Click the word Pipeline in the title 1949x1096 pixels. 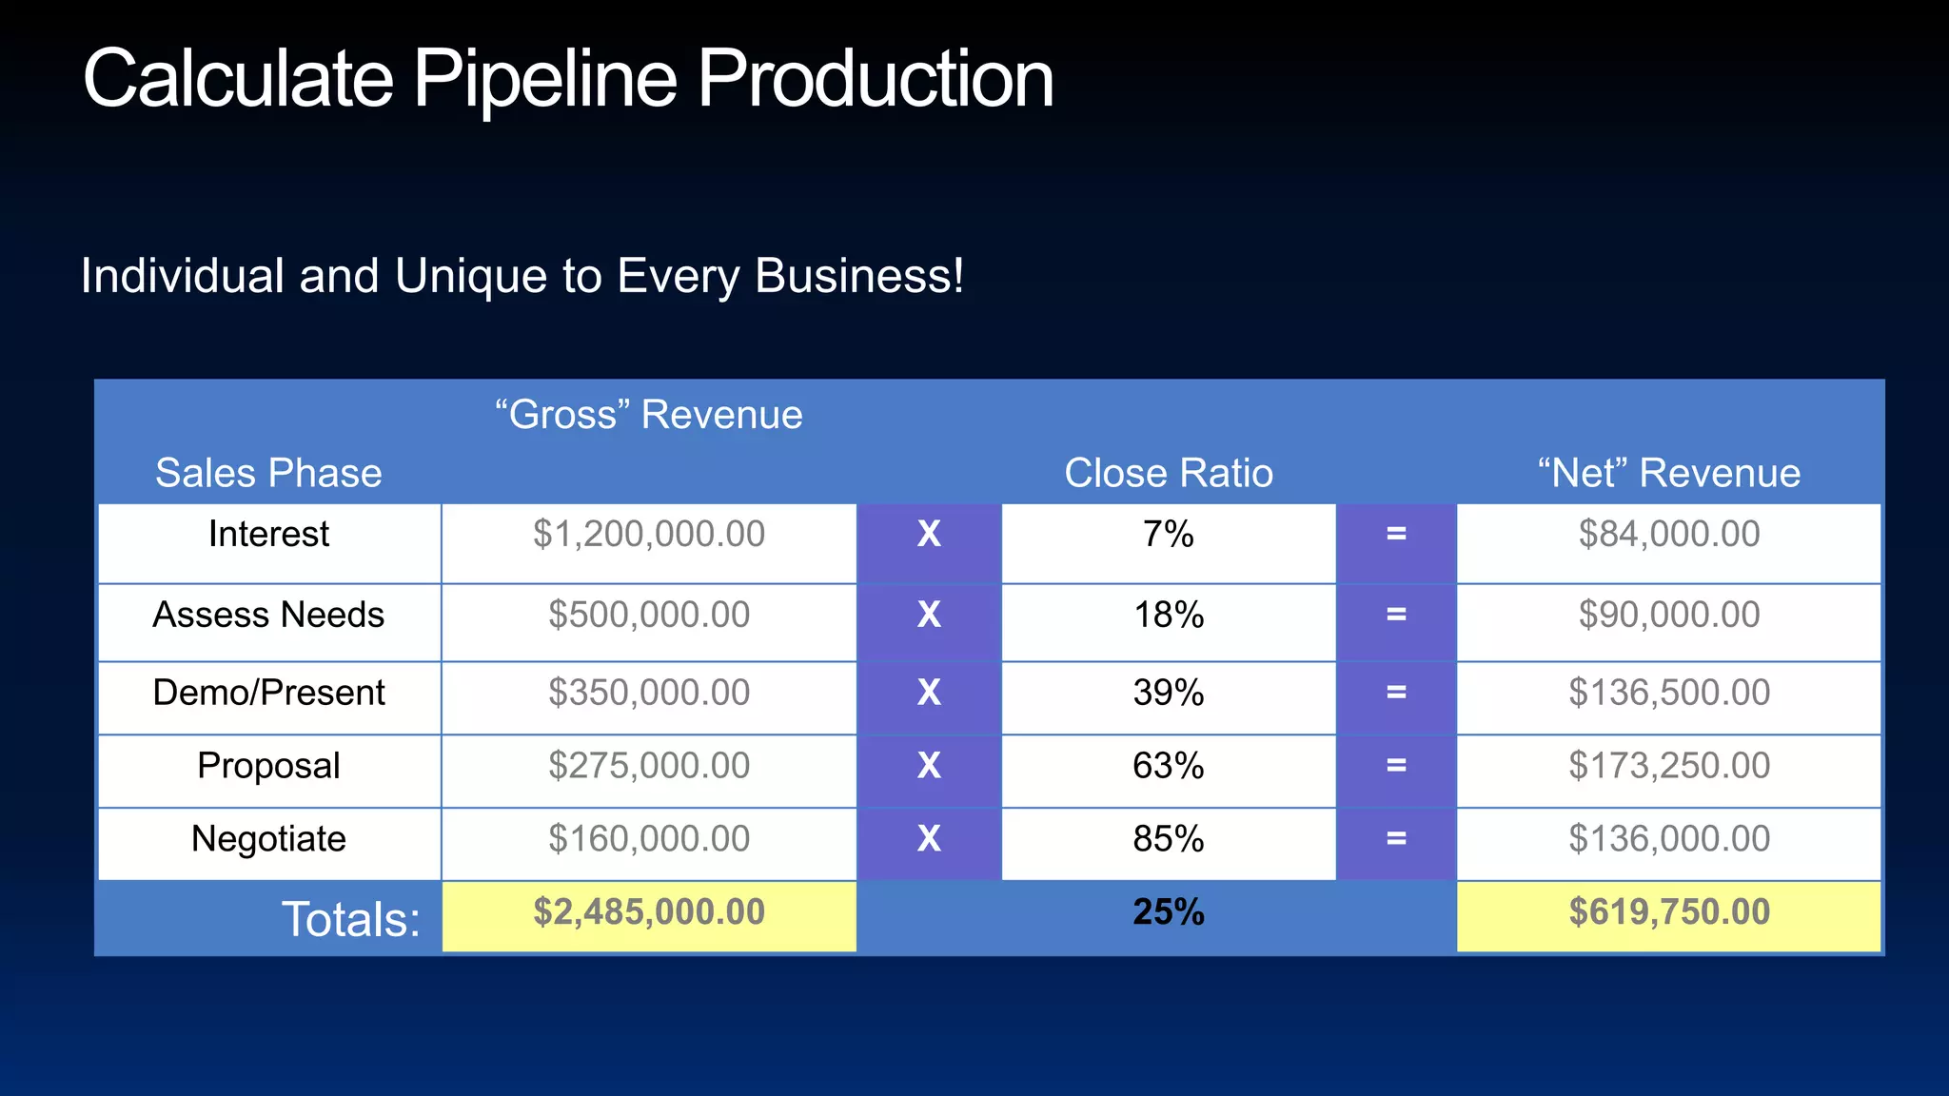coord(544,80)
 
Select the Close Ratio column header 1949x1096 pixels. coord(1168,473)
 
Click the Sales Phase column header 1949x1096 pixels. coord(268,473)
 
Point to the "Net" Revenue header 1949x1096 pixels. coord(1668,473)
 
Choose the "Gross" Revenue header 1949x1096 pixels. coord(648,415)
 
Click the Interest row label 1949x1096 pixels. coord(268,535)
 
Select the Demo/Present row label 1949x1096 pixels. coord(268,693)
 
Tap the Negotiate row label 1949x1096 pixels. coord(268,839)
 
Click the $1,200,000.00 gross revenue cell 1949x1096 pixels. coord(648,535)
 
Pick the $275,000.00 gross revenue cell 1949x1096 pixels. coord(648,766)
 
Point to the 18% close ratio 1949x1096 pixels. coord(1168,616)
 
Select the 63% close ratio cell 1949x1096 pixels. coord(1168,766)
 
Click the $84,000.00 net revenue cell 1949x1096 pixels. coord(1668,535)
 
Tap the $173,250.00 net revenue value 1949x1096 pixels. coord(1668,766)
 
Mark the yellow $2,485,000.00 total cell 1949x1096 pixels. coord(648,913)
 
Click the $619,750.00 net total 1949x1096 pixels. coord(1668,913)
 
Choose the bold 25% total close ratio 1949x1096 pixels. coord(1168,913)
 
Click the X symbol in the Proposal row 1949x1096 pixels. coord(929,766)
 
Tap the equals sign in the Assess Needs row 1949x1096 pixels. coord(1396,616)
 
